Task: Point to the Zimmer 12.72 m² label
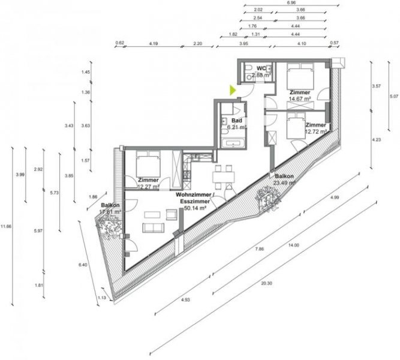[315, 128]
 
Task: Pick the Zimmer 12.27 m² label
[148, 184]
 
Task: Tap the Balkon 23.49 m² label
[284, 179]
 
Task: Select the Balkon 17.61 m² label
[111, 208]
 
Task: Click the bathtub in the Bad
[232, 143]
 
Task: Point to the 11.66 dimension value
[5, 226]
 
